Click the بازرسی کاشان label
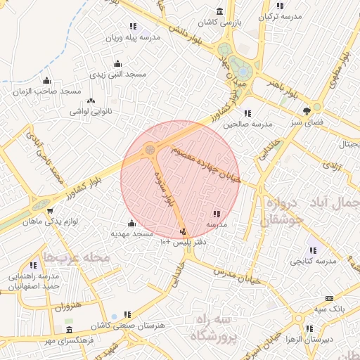coord(219,22)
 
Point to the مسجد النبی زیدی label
coord(118,74)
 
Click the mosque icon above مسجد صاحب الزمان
coord(46,81)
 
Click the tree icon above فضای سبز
coord(307,111)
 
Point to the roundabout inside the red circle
coord(150,149)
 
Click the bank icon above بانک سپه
coord(310,299)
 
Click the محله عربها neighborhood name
coord(77,257)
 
